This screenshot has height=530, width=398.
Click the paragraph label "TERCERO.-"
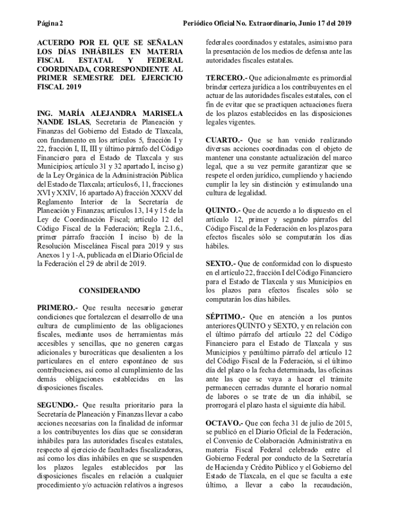(x=226, y=78)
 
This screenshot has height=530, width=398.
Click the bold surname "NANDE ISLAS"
(x=63, y=122)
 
